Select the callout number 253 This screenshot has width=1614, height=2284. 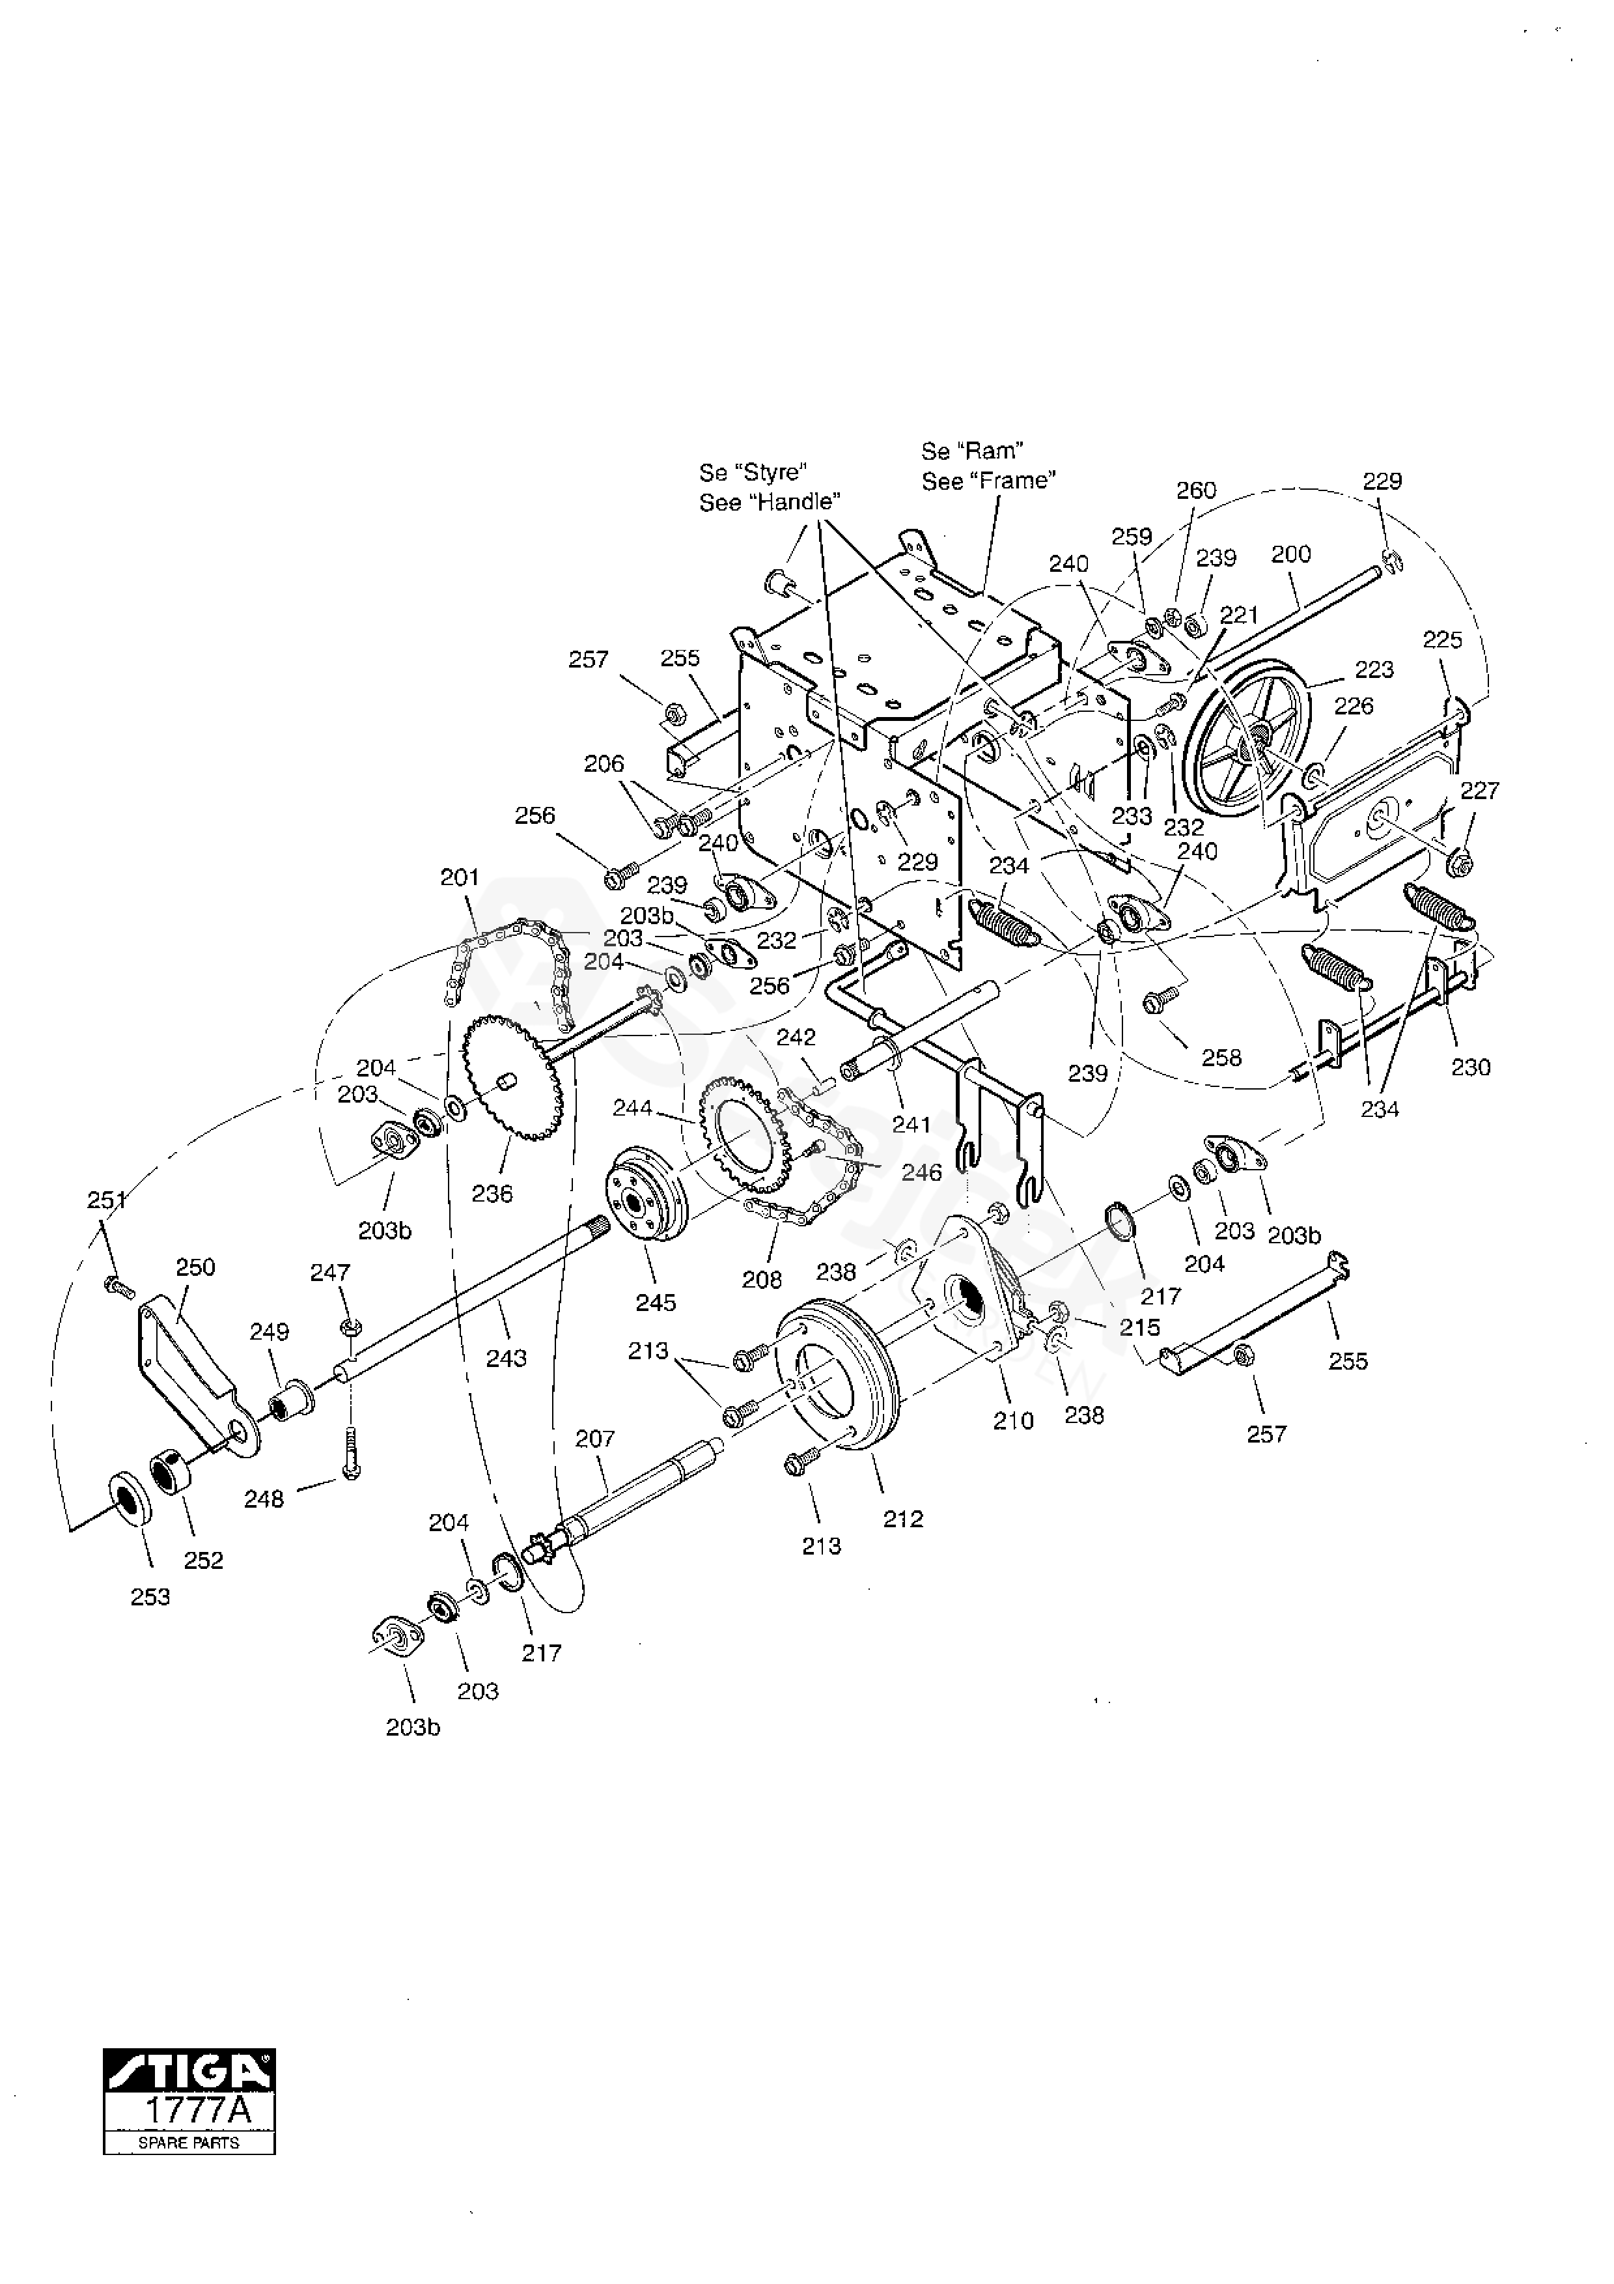coord(150,1598)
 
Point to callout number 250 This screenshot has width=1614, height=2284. coord(195,1268)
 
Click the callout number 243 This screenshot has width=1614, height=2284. coord(506,1359)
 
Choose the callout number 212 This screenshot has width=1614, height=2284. coord(903,1519)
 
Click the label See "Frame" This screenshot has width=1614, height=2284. coord(988,481)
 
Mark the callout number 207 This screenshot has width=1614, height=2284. coord(594,1439)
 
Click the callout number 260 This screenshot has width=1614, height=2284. coord(1196,490)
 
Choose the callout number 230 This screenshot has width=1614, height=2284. coord(1471,1067)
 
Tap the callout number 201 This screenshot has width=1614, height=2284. coord(460,877)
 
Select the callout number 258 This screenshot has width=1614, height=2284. coord(1222,1058)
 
